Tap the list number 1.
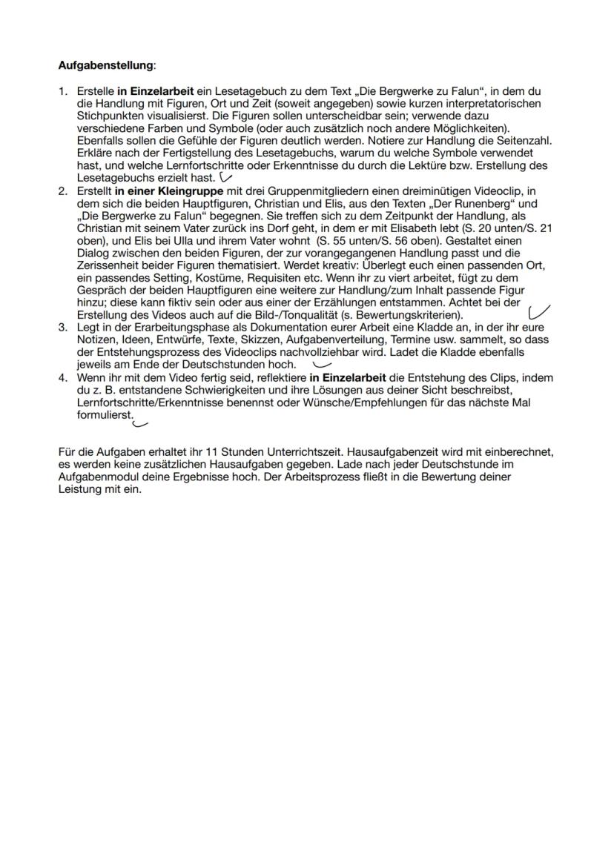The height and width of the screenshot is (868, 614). point(62,91)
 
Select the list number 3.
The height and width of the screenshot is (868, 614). point(62,326)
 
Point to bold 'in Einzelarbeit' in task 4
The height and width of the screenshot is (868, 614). point(348,378)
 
